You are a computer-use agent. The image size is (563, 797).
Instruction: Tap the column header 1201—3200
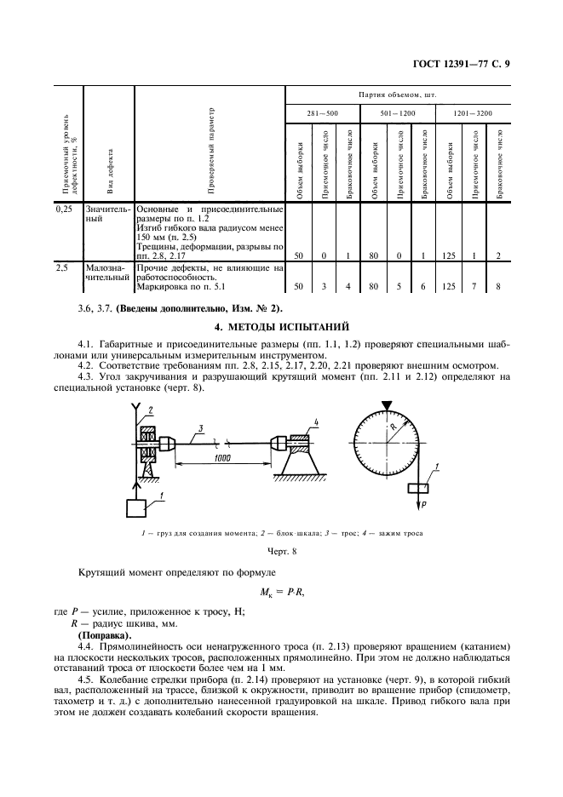[472, 114]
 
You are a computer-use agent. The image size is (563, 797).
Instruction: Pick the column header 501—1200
[396, 114]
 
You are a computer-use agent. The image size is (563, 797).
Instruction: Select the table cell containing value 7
[474, 287]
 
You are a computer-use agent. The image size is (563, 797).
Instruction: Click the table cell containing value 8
[498, 287]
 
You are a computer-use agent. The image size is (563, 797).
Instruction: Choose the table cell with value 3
[324, 287]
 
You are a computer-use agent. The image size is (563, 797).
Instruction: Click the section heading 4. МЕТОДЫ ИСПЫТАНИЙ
[281, 327]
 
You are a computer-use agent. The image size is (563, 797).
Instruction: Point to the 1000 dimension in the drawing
[223, 457]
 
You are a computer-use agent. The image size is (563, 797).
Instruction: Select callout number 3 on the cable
[197, 427]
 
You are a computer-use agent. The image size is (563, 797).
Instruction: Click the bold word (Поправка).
[105, 636]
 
